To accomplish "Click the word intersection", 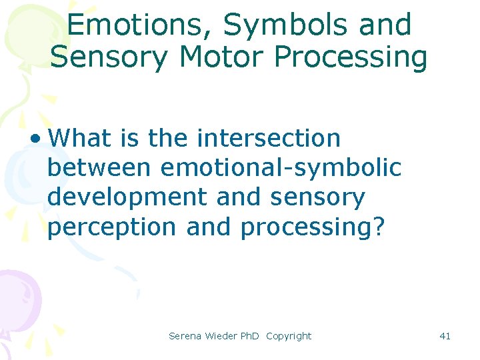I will tap(269, 139).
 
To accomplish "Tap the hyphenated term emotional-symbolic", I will tap(281, 168).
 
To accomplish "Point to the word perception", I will tap(113, 227).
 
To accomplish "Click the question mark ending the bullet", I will tap(379, 227).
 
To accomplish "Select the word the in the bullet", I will tap(169, 139).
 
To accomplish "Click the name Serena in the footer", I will tap(184, 336).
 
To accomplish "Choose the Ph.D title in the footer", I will tap(250, 336).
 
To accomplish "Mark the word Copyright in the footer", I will tap(289, 336).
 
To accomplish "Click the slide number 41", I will tap(445, 336).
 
